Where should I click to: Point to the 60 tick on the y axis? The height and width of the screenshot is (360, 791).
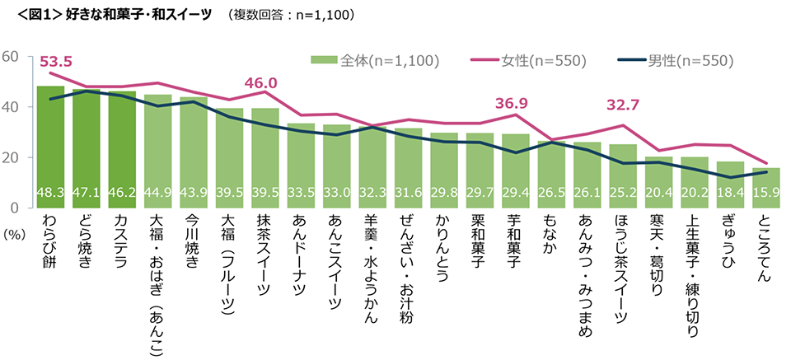coord(11,56)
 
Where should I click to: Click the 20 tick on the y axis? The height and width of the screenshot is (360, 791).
coord(11,157)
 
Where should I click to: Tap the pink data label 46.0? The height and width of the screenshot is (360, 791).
coord(260,83)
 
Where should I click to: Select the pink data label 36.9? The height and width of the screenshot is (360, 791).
coord(512,104)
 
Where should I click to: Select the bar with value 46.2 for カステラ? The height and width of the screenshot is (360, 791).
coord(123,148)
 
